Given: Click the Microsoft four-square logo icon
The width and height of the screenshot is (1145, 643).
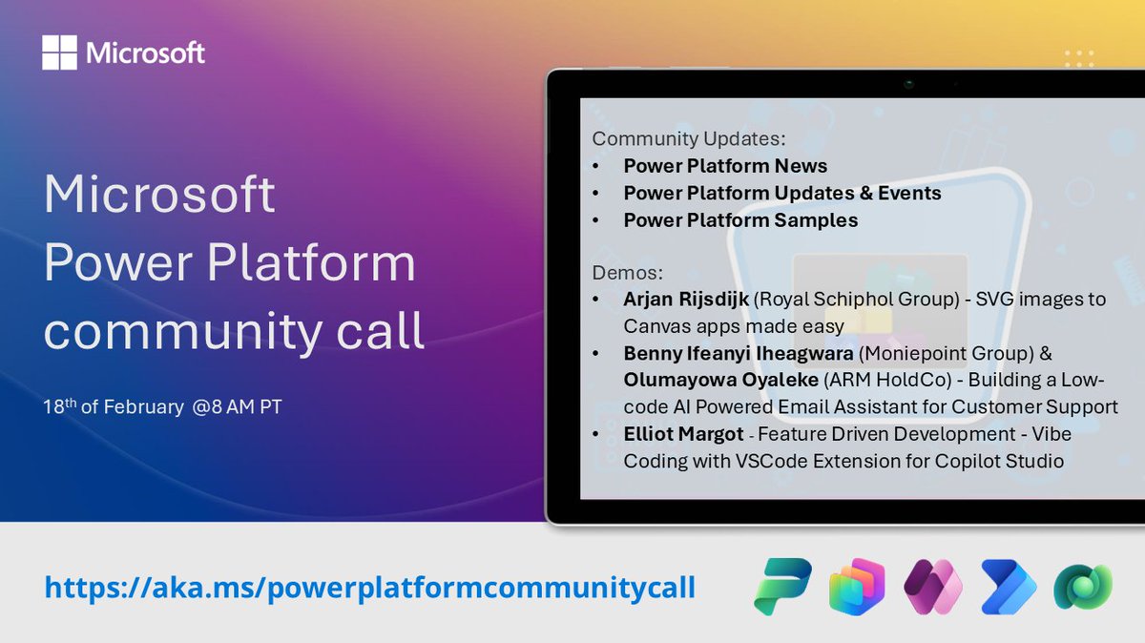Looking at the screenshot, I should [60, 52].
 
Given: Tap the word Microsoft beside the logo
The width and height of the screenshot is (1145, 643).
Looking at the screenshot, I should [145, 52].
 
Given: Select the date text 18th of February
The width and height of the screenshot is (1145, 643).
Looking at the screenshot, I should [114, 406].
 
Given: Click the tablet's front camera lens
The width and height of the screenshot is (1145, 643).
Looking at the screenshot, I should [909, 84].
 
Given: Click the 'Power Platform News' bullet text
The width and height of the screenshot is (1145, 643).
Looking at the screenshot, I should [725, 166].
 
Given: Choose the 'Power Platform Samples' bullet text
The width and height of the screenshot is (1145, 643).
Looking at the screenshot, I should [740, 220].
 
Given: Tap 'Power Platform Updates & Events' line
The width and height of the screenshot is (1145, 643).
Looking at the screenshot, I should [781, 193].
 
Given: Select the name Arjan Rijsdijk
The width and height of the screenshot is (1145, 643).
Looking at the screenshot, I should [686, 300].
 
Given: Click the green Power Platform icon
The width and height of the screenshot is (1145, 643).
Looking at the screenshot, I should [781, 586].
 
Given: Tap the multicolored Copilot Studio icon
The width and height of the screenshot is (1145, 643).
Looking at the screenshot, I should [857, 586].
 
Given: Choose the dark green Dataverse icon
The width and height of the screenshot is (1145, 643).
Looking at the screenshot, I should [1083, 586].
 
